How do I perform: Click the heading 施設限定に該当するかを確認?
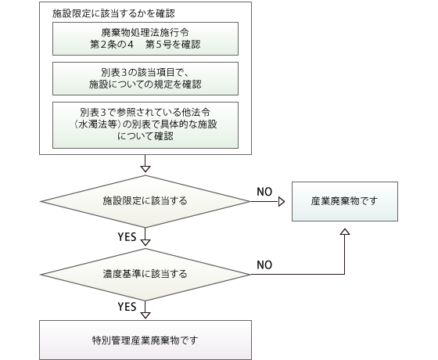pos(113,13)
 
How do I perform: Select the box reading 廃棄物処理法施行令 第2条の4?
pos(145,38)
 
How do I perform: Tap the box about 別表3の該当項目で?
pos(145,78)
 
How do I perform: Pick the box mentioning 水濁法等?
pos(145,125)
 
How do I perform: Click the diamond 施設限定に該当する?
pos(145,201)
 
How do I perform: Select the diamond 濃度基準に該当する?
pos(145,274)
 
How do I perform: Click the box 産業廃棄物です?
pos(345,202)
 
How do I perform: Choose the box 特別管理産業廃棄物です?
pos(145,340)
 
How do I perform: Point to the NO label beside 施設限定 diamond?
pos(264,192)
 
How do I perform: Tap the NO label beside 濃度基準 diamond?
pos(264,265)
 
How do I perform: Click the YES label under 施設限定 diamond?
pos(127,237)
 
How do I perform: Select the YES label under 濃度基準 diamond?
pos(127,307)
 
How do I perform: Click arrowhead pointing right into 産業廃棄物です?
pos(282,201)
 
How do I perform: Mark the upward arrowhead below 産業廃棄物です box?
pos(345,232)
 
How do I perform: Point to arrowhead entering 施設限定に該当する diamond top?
pos(145,169)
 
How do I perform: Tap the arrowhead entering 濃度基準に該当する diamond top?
pos(145,243)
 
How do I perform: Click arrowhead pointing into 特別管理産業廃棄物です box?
pos(145,315)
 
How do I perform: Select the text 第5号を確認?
pos(173,45)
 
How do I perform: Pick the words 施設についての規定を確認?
pos(145,85)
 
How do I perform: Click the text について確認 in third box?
pos(145,136)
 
